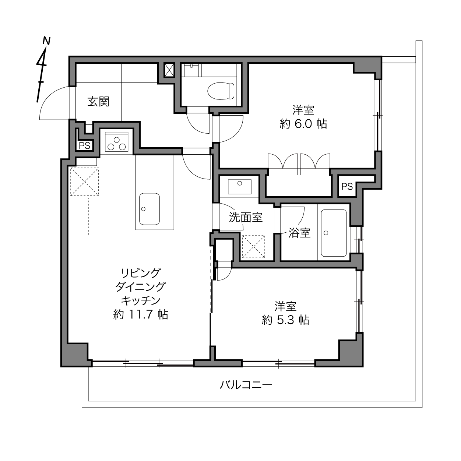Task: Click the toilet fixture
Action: tap(221, 91)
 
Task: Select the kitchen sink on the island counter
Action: tap(149, 209)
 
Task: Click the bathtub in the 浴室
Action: tap(334, 233)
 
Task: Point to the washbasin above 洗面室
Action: tap(239, 187)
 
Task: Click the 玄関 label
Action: tap(98, 102)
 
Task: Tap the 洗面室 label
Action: tap(246, 217)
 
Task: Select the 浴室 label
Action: tap(299, 233)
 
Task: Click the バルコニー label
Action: tap(246, 385)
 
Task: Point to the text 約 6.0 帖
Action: tap(303, 124)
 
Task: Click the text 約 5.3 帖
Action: tap(285, 320)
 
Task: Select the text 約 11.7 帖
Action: tap(141, 314)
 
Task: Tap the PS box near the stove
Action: tap(84, 145)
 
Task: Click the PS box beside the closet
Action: tap(347, 186)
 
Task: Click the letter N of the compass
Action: tap(46, 41)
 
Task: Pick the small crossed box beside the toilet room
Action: tap(169, 70)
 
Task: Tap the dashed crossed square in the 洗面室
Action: tap(254, 247)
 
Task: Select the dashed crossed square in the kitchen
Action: tap(84, 182)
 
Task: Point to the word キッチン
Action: tap(141, 300)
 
